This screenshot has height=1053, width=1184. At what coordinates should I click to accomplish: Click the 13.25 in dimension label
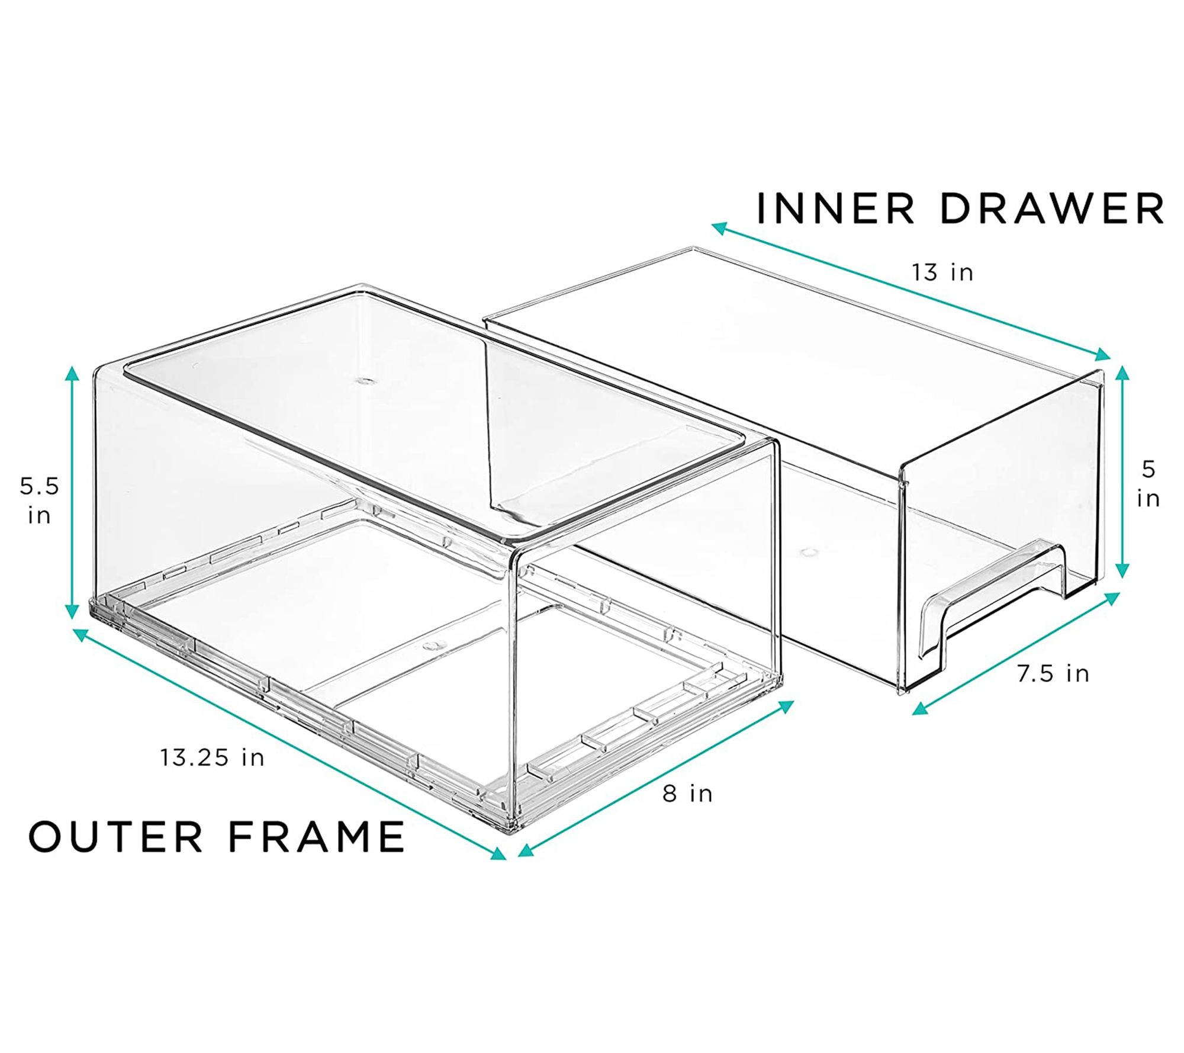click(x=212, y=757)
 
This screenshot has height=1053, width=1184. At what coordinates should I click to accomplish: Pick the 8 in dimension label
click(x=687, y=793)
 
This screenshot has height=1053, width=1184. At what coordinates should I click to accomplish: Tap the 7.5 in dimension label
click(x=1053, y=673)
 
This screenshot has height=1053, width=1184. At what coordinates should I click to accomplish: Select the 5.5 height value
click(x=39, y=487)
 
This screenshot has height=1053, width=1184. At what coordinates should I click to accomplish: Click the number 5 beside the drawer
click(x=1148, y=470)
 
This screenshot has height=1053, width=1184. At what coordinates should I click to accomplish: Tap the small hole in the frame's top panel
click(x=363, y=381)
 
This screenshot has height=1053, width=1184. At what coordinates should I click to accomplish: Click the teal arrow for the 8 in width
click(x=656, y=777)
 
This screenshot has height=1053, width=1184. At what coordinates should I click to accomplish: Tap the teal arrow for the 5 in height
click(x=1122, y=471)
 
